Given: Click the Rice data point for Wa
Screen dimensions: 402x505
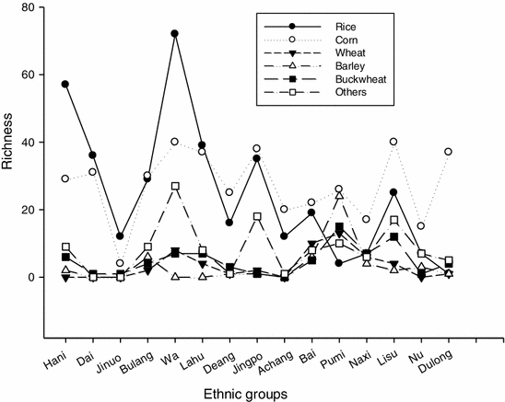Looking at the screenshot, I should pos(174,33).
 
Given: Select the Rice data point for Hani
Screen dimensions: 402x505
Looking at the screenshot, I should pos(65,84).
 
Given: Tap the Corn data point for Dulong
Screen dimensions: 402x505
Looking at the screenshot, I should pos(449,152).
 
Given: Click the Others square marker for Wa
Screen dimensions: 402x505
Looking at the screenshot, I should pos(174,186).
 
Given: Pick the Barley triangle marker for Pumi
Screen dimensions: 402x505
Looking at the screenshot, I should pos(339,196).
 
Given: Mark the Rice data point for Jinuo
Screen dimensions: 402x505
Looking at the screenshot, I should pos(120,236).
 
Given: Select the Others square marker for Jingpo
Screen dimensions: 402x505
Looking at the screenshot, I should pos(257,216).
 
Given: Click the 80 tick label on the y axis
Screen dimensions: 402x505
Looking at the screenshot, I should pos(34,7).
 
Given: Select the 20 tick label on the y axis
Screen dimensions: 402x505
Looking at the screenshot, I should pos(34,210).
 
